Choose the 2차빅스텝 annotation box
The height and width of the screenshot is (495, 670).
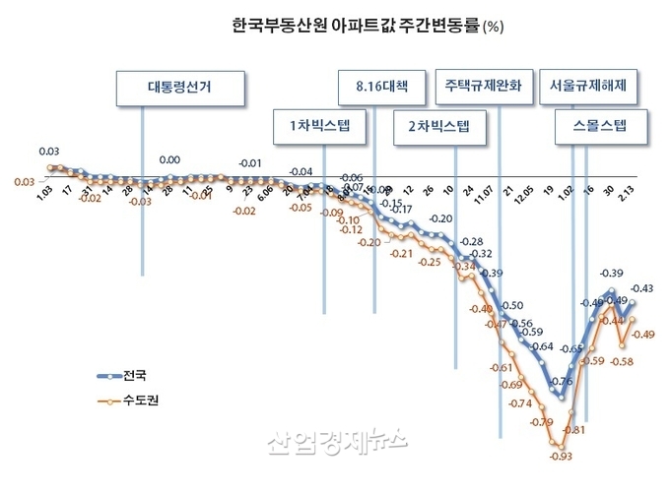click(438, 125)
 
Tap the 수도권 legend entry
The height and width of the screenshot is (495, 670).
click(127, 401)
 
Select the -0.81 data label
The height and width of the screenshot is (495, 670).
click(573, 429)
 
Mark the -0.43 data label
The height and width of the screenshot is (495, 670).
click(643, 288)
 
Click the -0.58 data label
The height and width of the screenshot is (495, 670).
click(622, 362)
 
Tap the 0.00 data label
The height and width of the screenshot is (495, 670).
click(169, 159)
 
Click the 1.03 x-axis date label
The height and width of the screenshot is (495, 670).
click(43, 203)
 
